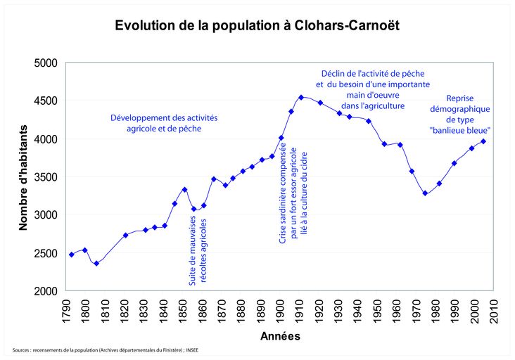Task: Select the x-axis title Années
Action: point(279,336)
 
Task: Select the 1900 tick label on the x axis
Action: point(280,309)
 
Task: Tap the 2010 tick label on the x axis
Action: point(495,309)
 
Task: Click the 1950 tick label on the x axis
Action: point(378,309)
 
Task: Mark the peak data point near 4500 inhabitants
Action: point(301,98)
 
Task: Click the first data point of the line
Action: point(71,255)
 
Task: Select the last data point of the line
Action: point(483,141)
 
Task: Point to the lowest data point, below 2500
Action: point(96,264)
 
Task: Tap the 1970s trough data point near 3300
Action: point(425,193)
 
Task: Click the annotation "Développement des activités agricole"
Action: point(164,124)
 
